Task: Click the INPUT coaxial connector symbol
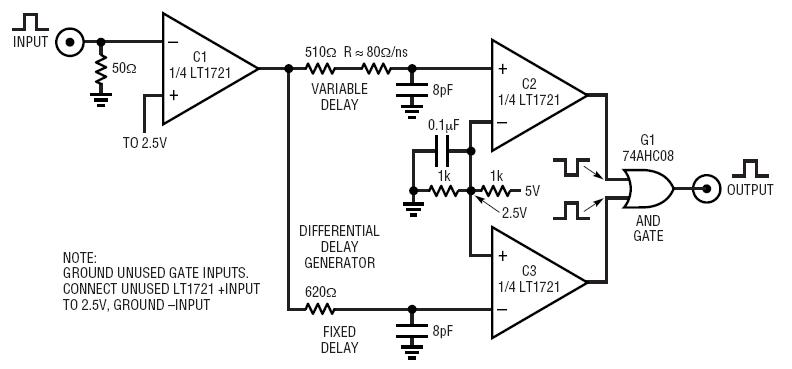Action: coord(70,42)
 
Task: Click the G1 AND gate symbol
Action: coord(645,187)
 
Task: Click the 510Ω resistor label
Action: coord(322,52)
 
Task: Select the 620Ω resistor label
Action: coord(321,292)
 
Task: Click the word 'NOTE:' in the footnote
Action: coord(83,257)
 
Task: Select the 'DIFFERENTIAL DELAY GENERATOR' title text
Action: coord(339,247)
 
